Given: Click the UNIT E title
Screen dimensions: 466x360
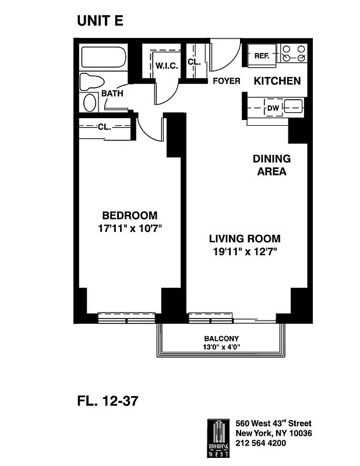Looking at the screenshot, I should (100, 22).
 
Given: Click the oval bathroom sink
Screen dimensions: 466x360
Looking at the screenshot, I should (90, 103).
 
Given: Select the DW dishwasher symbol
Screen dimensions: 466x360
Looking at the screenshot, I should (273, 107).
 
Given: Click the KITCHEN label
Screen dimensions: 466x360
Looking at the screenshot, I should (277, 81).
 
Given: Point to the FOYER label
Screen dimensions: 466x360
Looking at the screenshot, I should (226, 81).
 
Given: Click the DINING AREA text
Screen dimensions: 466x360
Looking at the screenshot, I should (271, 165).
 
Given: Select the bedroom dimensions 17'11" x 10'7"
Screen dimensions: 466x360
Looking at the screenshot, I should (129, 228).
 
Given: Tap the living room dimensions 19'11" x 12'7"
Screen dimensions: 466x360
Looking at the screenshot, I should (244, 252).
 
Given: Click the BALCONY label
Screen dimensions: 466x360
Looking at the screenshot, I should (221, 338).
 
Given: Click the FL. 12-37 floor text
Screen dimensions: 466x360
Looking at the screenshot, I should (108, 401).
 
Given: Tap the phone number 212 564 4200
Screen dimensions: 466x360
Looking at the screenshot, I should (260, 443).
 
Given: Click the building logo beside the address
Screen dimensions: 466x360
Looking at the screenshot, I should (218, 434).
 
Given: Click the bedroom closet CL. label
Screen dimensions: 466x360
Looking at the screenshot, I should (105, 126).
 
